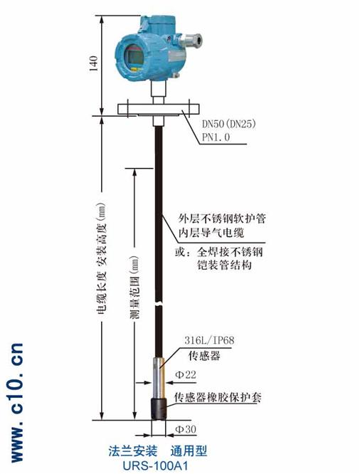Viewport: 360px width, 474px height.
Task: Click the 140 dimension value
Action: [x=94, y=63]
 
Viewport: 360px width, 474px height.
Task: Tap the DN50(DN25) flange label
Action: [x=228, y=124]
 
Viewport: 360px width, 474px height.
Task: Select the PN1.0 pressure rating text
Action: [x=216, y=137]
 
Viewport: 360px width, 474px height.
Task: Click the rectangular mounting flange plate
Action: [x=159, y=109]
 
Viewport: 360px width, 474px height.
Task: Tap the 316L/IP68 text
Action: [x=209, y=340]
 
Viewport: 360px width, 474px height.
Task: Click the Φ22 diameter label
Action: [x=186, y=375]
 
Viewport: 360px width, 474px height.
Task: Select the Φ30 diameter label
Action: [x=186, y=429]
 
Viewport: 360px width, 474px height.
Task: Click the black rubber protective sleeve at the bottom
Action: [x=159, y=409]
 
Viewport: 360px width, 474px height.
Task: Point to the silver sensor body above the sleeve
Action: [x=159, y=378]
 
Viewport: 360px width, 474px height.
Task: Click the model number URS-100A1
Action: [x=156, y=465]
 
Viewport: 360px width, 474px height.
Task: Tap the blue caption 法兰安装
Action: [x=133, y=451]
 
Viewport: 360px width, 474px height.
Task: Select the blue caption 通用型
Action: [x=189, y=451]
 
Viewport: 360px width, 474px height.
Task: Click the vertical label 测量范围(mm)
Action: [x=134, y=288]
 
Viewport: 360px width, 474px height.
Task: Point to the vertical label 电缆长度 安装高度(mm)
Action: [x=102, y=257]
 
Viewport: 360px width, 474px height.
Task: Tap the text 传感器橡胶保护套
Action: [x=218, y=397]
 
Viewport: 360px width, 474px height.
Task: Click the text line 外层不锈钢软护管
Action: [x=222, y=218]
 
